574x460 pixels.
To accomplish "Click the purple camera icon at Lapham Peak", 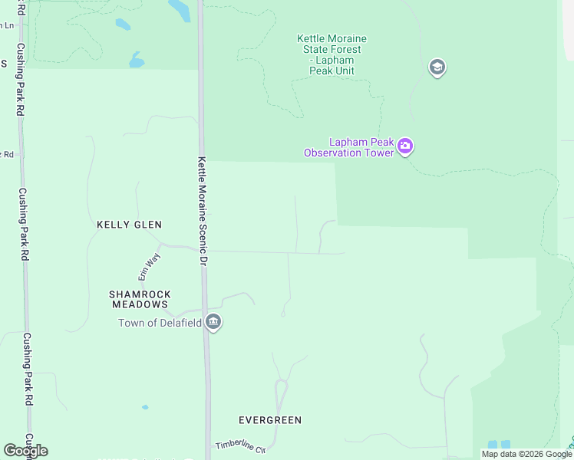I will tap(406, 146).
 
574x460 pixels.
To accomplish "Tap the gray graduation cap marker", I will tap(437, 67).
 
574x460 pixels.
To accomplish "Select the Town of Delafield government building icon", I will tap(214, 323).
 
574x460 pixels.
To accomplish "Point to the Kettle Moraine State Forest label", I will tap(332, 54).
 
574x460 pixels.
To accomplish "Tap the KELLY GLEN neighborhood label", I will tap(129, 225).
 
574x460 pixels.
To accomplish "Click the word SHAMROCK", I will tap(140, 294).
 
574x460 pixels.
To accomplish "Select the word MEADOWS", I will tap(140, 304).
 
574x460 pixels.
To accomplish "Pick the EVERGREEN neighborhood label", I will tap(269, 420).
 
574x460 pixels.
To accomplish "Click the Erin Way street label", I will tap(147, 264).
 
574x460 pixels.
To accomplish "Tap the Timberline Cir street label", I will tap(239, 445).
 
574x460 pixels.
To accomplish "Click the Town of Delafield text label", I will tap(160, 323).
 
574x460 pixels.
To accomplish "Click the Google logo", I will tap(25, 451).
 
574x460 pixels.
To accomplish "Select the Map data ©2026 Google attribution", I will tap(526, 454).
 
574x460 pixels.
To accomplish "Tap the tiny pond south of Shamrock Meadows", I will tap(145, 407).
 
